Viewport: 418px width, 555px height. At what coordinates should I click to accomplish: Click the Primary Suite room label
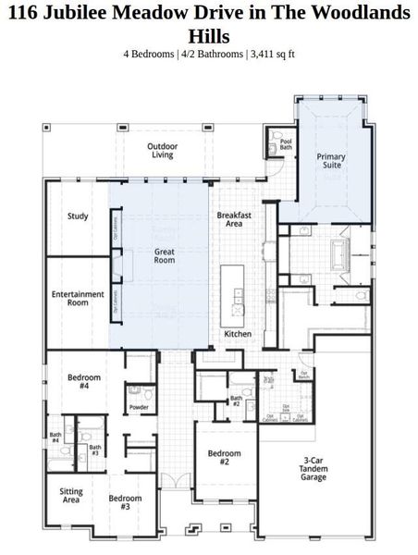point(331,162)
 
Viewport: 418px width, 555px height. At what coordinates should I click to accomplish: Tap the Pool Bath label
point(286,143)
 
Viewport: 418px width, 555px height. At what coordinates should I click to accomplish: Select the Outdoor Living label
point(163,151)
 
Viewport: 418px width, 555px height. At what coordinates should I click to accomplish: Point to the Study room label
point(78,216)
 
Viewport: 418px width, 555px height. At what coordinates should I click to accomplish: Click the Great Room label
point(164,255)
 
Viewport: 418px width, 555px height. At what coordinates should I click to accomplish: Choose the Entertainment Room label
point(78,299)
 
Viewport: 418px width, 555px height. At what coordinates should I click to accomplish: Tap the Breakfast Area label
point(229,219)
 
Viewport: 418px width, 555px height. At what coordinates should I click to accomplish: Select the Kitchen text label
point(238,334)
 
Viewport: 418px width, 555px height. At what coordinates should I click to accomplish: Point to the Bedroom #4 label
point(84,382)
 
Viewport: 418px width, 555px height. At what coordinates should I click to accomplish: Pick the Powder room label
point(140,407)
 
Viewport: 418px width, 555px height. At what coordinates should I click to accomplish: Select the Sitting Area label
point(70,496)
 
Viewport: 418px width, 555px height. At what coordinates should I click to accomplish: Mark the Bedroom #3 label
point(125,503)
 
